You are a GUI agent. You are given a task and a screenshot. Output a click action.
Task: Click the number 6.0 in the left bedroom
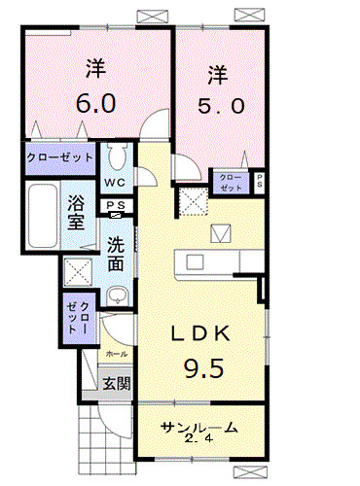click(94, 102)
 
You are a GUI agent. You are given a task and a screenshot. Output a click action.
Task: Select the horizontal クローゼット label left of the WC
click(60, 156)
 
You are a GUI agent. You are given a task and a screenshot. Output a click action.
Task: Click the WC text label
click(115, 182)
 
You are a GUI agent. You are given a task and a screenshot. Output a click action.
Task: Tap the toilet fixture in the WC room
click(117, 156)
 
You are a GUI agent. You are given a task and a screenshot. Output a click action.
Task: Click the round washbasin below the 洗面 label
click(116, 297)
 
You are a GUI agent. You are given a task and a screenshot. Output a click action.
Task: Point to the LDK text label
click(201, 333)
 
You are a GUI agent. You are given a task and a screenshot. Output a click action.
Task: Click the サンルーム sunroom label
click(199, 428)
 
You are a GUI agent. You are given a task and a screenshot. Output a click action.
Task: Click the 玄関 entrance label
click(116, 382)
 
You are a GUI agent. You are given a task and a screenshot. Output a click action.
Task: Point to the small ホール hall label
click(116, 355)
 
